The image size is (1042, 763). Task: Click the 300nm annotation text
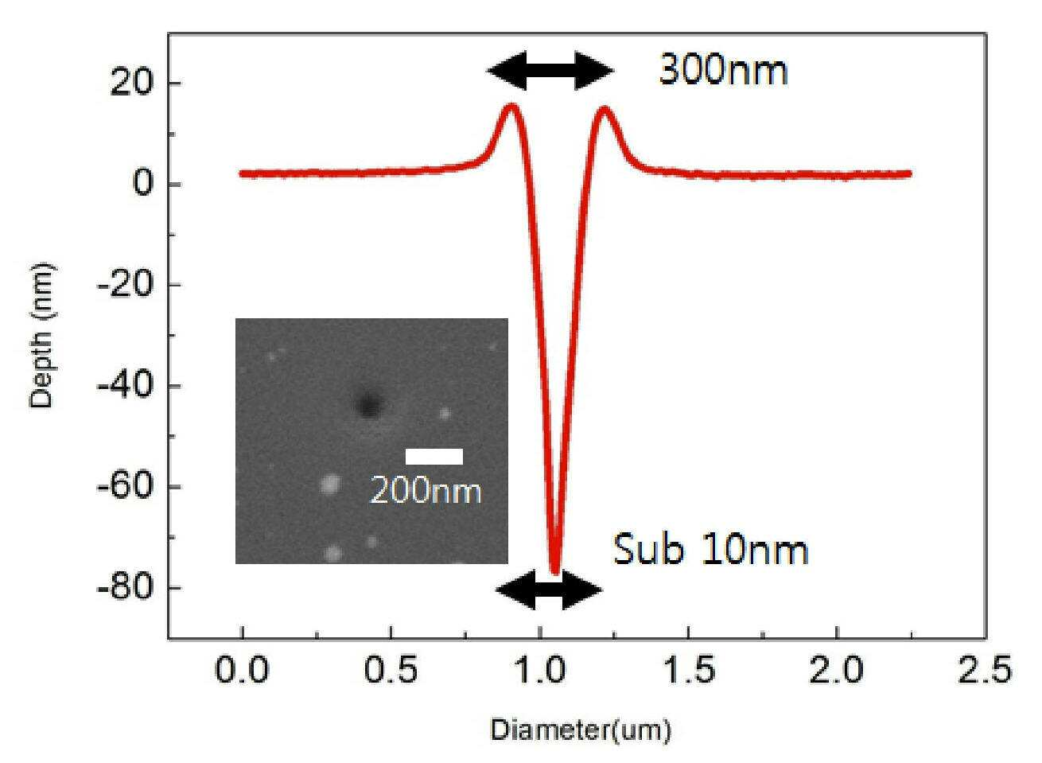(724, 71)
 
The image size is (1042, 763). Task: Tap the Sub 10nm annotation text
(711, 550)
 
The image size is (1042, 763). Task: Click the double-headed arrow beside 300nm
(550, 71)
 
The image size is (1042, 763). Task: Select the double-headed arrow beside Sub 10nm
(550, 590)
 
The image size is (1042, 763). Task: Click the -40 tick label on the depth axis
(124, 386)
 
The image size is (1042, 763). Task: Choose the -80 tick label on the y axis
(124, 588)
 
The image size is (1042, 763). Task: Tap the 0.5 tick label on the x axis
(391, 670)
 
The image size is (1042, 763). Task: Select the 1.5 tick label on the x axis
(688, 670)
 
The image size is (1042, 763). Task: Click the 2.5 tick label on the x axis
(984, 670)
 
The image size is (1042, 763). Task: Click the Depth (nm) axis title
(42, 335)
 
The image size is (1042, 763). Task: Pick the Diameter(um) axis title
(581, 730)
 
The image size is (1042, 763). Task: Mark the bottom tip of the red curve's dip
(555, 573)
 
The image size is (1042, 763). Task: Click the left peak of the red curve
(511, 105)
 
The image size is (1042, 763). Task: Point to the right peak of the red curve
(604, 108)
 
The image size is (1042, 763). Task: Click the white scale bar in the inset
(434, 457)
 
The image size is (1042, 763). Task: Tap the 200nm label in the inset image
(426, 491)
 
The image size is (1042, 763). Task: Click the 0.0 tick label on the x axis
(242, 670)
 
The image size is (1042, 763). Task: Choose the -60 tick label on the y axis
(124, 487)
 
